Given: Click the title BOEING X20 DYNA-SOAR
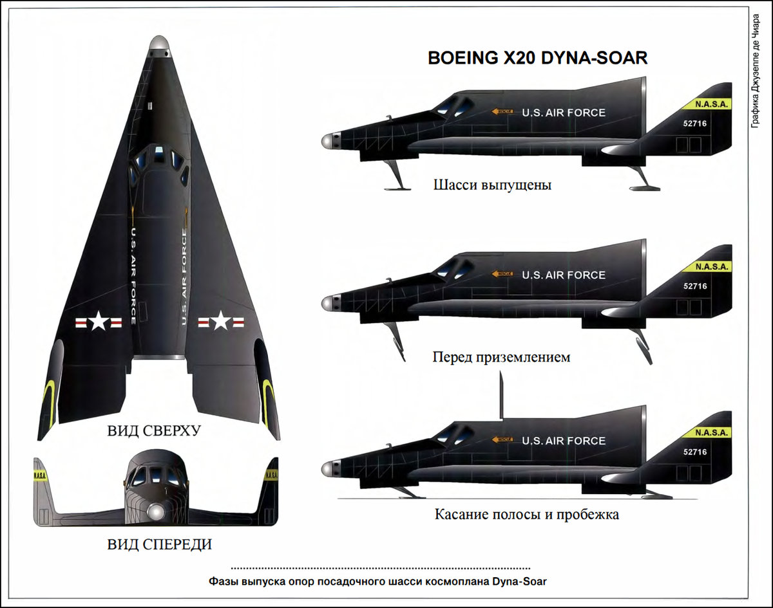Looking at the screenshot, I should tap(538, 59).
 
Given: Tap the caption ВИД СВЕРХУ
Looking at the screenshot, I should tap(154, 430).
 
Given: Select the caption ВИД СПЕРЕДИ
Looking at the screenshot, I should tap(159, 545).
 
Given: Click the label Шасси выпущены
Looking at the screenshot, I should tap(492, 186).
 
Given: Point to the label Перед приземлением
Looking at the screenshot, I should tap(501, 356).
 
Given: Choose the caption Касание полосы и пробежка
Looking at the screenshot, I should tap(526, 515).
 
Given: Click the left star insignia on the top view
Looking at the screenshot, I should tap(98, 320).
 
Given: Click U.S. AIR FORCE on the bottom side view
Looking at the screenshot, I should tap(564, 441).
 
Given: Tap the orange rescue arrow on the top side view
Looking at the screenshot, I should tap(502, 112).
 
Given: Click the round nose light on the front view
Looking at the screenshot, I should tap(155, 511).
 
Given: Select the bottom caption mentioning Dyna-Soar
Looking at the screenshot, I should tap(377, 581).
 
